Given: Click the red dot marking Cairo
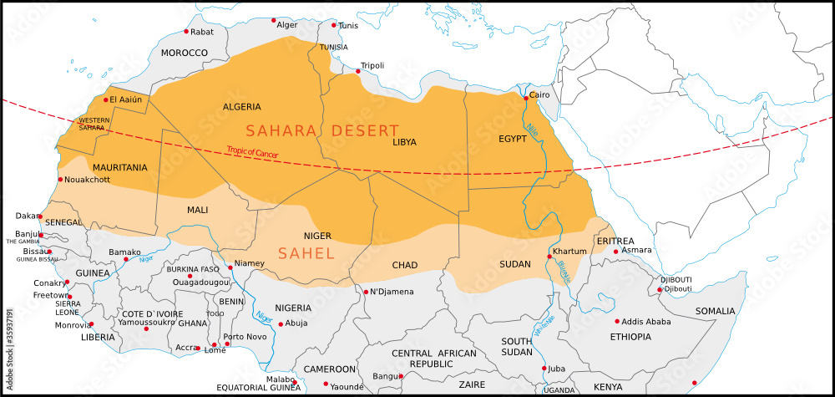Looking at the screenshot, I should tap(525, 97).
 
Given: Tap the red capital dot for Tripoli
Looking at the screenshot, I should tap(358, 71).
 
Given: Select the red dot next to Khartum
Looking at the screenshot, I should tap(549, 257).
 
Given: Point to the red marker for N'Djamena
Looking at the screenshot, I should tap(366, 292).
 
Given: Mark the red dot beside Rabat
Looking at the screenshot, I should tap(186, 32).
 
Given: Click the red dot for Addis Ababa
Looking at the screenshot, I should tap(617, 321).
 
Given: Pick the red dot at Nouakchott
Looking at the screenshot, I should tap(60, 179).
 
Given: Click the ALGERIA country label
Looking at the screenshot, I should tap(241, 107).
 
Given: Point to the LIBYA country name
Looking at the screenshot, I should tap(403, 142).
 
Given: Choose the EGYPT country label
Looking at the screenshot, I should tap(512, 138).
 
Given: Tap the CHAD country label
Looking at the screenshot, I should tap(404, 265).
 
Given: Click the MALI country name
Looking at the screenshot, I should tap(198, 210).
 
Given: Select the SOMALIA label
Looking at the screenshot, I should tap(716, 311).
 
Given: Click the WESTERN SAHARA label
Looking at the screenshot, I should tap(94, 124).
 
